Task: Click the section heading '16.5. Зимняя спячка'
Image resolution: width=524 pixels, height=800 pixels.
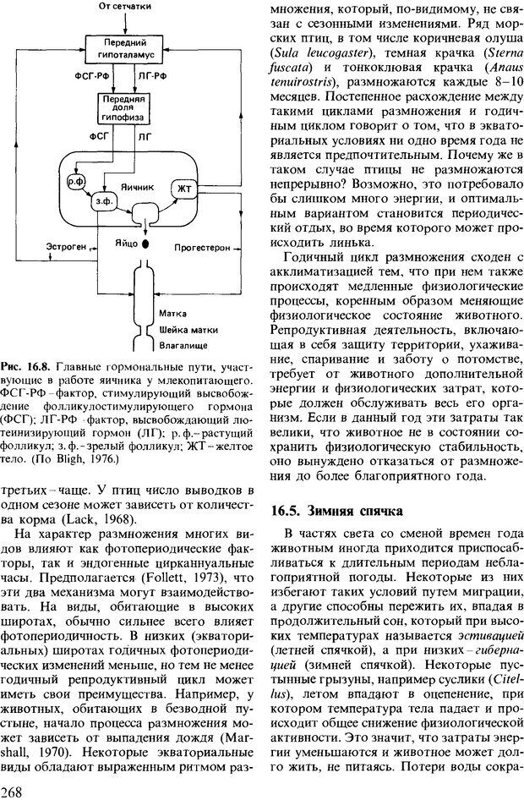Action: click(x=332, y=510)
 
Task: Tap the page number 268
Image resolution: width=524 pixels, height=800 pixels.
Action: click(x=14, y=790)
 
